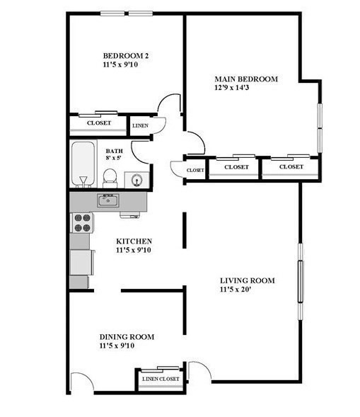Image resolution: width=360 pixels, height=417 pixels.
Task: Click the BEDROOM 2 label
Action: [125, 56]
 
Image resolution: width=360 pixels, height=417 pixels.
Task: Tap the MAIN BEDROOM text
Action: [245, 79]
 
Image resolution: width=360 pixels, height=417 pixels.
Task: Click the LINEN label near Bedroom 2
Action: [140, 126]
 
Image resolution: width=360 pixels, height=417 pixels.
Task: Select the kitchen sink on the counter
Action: [108, 201]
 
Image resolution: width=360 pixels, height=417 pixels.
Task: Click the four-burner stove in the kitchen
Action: [82, 223]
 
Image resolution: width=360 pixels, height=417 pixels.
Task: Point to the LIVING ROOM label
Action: [247, 280]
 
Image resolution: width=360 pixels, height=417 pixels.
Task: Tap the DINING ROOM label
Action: [127, 337]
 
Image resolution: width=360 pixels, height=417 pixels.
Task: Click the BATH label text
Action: [114, 152]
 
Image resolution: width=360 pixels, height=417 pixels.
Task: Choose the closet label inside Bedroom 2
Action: [98, 123]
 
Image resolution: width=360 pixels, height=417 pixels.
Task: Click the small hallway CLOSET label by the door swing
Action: [195, 171]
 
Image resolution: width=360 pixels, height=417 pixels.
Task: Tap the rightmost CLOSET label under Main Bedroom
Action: [291, 167]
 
